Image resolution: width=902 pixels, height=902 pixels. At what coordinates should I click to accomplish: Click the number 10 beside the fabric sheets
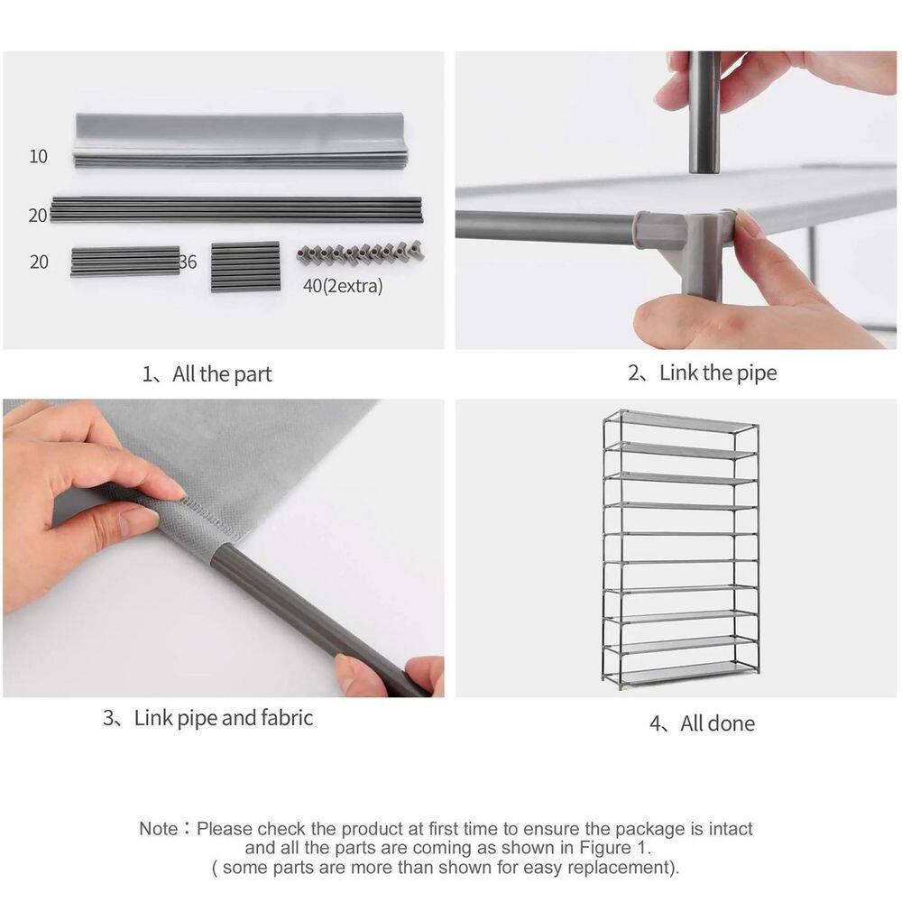click(39, 156)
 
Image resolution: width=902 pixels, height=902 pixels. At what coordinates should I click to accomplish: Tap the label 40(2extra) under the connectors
click(343, 286)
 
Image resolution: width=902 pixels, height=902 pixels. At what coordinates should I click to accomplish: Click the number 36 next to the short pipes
click(189, 262)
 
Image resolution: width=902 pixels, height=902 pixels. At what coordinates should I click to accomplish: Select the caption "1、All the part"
click(207, 374)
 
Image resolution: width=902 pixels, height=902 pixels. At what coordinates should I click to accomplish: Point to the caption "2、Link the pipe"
click(703, 373)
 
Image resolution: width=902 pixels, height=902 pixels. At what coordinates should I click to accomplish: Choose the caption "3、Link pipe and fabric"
click(208, 718)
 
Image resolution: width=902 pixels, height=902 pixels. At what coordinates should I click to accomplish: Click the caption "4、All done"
click(703, 723)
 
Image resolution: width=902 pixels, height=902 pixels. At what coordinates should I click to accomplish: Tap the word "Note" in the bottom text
click(159, 829)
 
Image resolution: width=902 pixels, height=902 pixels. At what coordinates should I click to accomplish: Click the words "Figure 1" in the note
click(613, 848)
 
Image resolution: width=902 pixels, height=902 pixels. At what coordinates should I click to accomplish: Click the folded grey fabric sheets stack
click(241, 140)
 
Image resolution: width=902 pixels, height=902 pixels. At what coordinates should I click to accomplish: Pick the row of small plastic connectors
click(362, 252)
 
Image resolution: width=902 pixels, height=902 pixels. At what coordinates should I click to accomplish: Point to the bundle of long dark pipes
click(235, 209)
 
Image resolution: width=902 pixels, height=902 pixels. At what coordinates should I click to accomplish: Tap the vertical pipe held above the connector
click(704, 113)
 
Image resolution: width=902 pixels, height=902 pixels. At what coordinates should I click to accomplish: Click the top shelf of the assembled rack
click(681, 422)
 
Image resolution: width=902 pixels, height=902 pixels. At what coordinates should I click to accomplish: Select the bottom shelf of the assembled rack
click(681, 672)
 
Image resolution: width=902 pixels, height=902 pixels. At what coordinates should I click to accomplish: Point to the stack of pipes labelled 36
click(245, 267)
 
